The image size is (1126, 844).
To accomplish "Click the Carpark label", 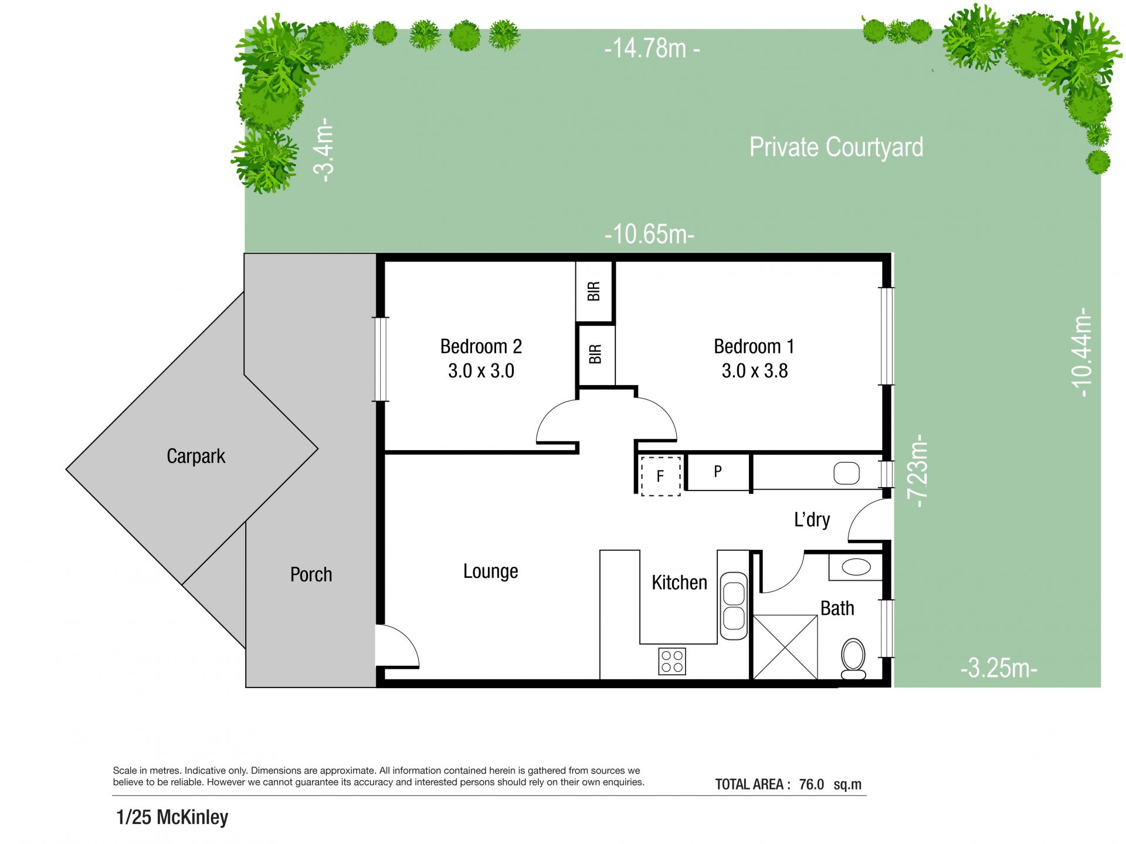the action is click(196, 456).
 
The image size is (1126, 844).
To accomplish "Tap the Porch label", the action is click(311, 574).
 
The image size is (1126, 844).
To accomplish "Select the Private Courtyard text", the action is click(836, 147).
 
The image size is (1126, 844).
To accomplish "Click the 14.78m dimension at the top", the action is click(652, 48).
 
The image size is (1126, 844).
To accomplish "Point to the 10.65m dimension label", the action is click(649, 234).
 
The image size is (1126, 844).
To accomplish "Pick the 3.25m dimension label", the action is click(999, 668).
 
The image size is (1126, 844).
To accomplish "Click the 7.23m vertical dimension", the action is click(917, 471).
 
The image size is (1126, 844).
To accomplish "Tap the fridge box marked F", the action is click(660, 476).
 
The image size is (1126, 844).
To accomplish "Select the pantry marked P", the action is click(718, 472).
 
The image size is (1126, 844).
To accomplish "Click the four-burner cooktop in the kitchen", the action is click(672, 661).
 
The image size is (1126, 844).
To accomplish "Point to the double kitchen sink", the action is click(733, 606).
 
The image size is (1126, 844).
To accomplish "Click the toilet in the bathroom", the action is click(853, 659).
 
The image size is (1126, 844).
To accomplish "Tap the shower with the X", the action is click(785, 647).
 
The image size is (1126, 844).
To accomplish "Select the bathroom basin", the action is click(856, 567).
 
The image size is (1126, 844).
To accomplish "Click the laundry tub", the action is click(846, 473).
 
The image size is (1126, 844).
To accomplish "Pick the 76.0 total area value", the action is click(811, 784).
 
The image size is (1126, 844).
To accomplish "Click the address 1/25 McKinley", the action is click(172, 817).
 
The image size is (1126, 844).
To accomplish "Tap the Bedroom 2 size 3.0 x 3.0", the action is click(481, 371).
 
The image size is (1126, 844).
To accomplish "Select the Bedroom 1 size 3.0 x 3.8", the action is click(755, 371).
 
